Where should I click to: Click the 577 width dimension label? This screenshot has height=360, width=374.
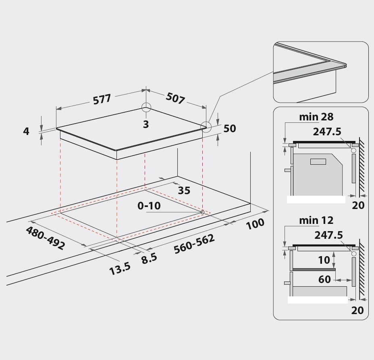102,99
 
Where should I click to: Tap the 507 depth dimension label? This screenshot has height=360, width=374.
175,98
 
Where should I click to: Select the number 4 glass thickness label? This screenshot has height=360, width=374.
26,131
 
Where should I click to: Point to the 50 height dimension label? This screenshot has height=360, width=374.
230,128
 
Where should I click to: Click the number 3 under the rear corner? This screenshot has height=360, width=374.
146,124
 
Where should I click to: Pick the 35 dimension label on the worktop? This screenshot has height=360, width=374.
184,190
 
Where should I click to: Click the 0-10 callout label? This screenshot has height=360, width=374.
149,206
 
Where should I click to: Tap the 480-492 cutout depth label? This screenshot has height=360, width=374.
45,238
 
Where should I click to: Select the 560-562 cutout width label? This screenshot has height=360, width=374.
194,244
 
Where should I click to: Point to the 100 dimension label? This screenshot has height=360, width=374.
255,224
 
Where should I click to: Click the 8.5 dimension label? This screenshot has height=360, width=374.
149,259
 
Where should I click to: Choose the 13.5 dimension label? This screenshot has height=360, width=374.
120,269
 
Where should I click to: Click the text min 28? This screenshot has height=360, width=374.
316,117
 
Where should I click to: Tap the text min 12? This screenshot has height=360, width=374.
316,220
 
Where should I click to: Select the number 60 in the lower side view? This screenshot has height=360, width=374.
324,279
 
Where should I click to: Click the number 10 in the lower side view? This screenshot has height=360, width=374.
324,260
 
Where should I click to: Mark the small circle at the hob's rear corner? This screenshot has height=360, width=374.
146,108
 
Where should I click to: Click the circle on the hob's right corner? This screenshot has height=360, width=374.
206,127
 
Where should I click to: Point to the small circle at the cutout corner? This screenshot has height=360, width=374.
202,212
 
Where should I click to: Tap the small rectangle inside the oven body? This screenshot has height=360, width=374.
318,161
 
